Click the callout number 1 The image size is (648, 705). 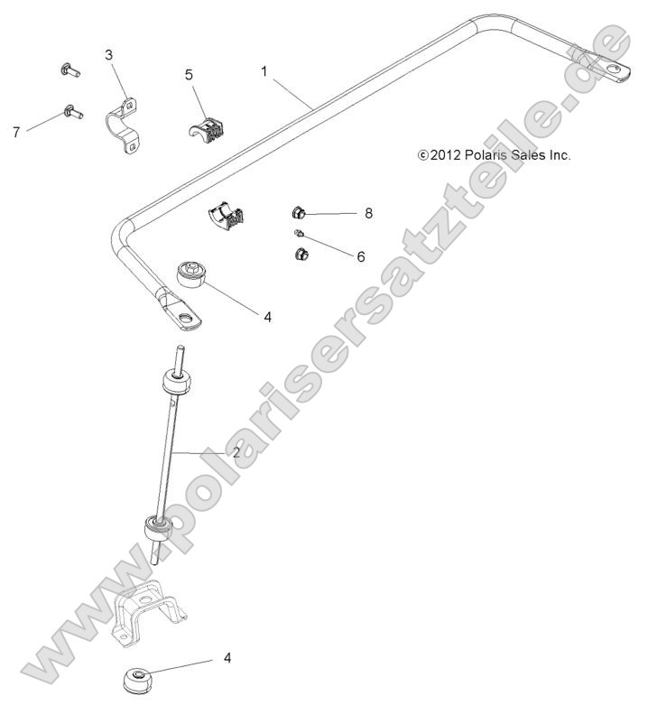[264, 70]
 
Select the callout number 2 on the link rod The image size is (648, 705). [236, 452]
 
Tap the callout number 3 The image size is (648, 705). [109, 55]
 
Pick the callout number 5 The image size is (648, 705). [190, 74]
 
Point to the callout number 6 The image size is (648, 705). [360, 256]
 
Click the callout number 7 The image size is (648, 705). [16, 132]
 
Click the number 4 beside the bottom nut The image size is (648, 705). [227, 658]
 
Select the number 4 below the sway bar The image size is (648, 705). [267, 316]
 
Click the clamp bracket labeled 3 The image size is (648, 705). [126, 125]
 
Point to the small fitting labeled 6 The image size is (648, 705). [299, 235]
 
